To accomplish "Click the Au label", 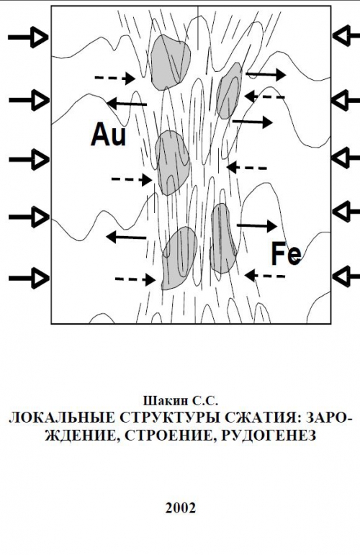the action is click(x=108, y=135).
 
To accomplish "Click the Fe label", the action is click(x=287, y=253).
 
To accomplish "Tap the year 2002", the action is click(x=180, y=508).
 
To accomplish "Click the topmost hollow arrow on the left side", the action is click(x=28, y=37).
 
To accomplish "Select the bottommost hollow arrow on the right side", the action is click(x=346, y=276).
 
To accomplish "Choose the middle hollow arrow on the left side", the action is click(x=28, y=159).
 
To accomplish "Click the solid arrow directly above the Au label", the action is click(x=127, y=104).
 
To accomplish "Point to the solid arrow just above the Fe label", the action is click(x=256, y=225).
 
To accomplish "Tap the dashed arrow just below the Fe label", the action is click(x=265, y=276).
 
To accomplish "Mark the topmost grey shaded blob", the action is click(x=170, y=63).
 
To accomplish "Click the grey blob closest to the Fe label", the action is click(x=223, y=238).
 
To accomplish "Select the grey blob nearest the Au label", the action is click(x=172, y=163).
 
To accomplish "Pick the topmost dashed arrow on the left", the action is click(x=115, y=78).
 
